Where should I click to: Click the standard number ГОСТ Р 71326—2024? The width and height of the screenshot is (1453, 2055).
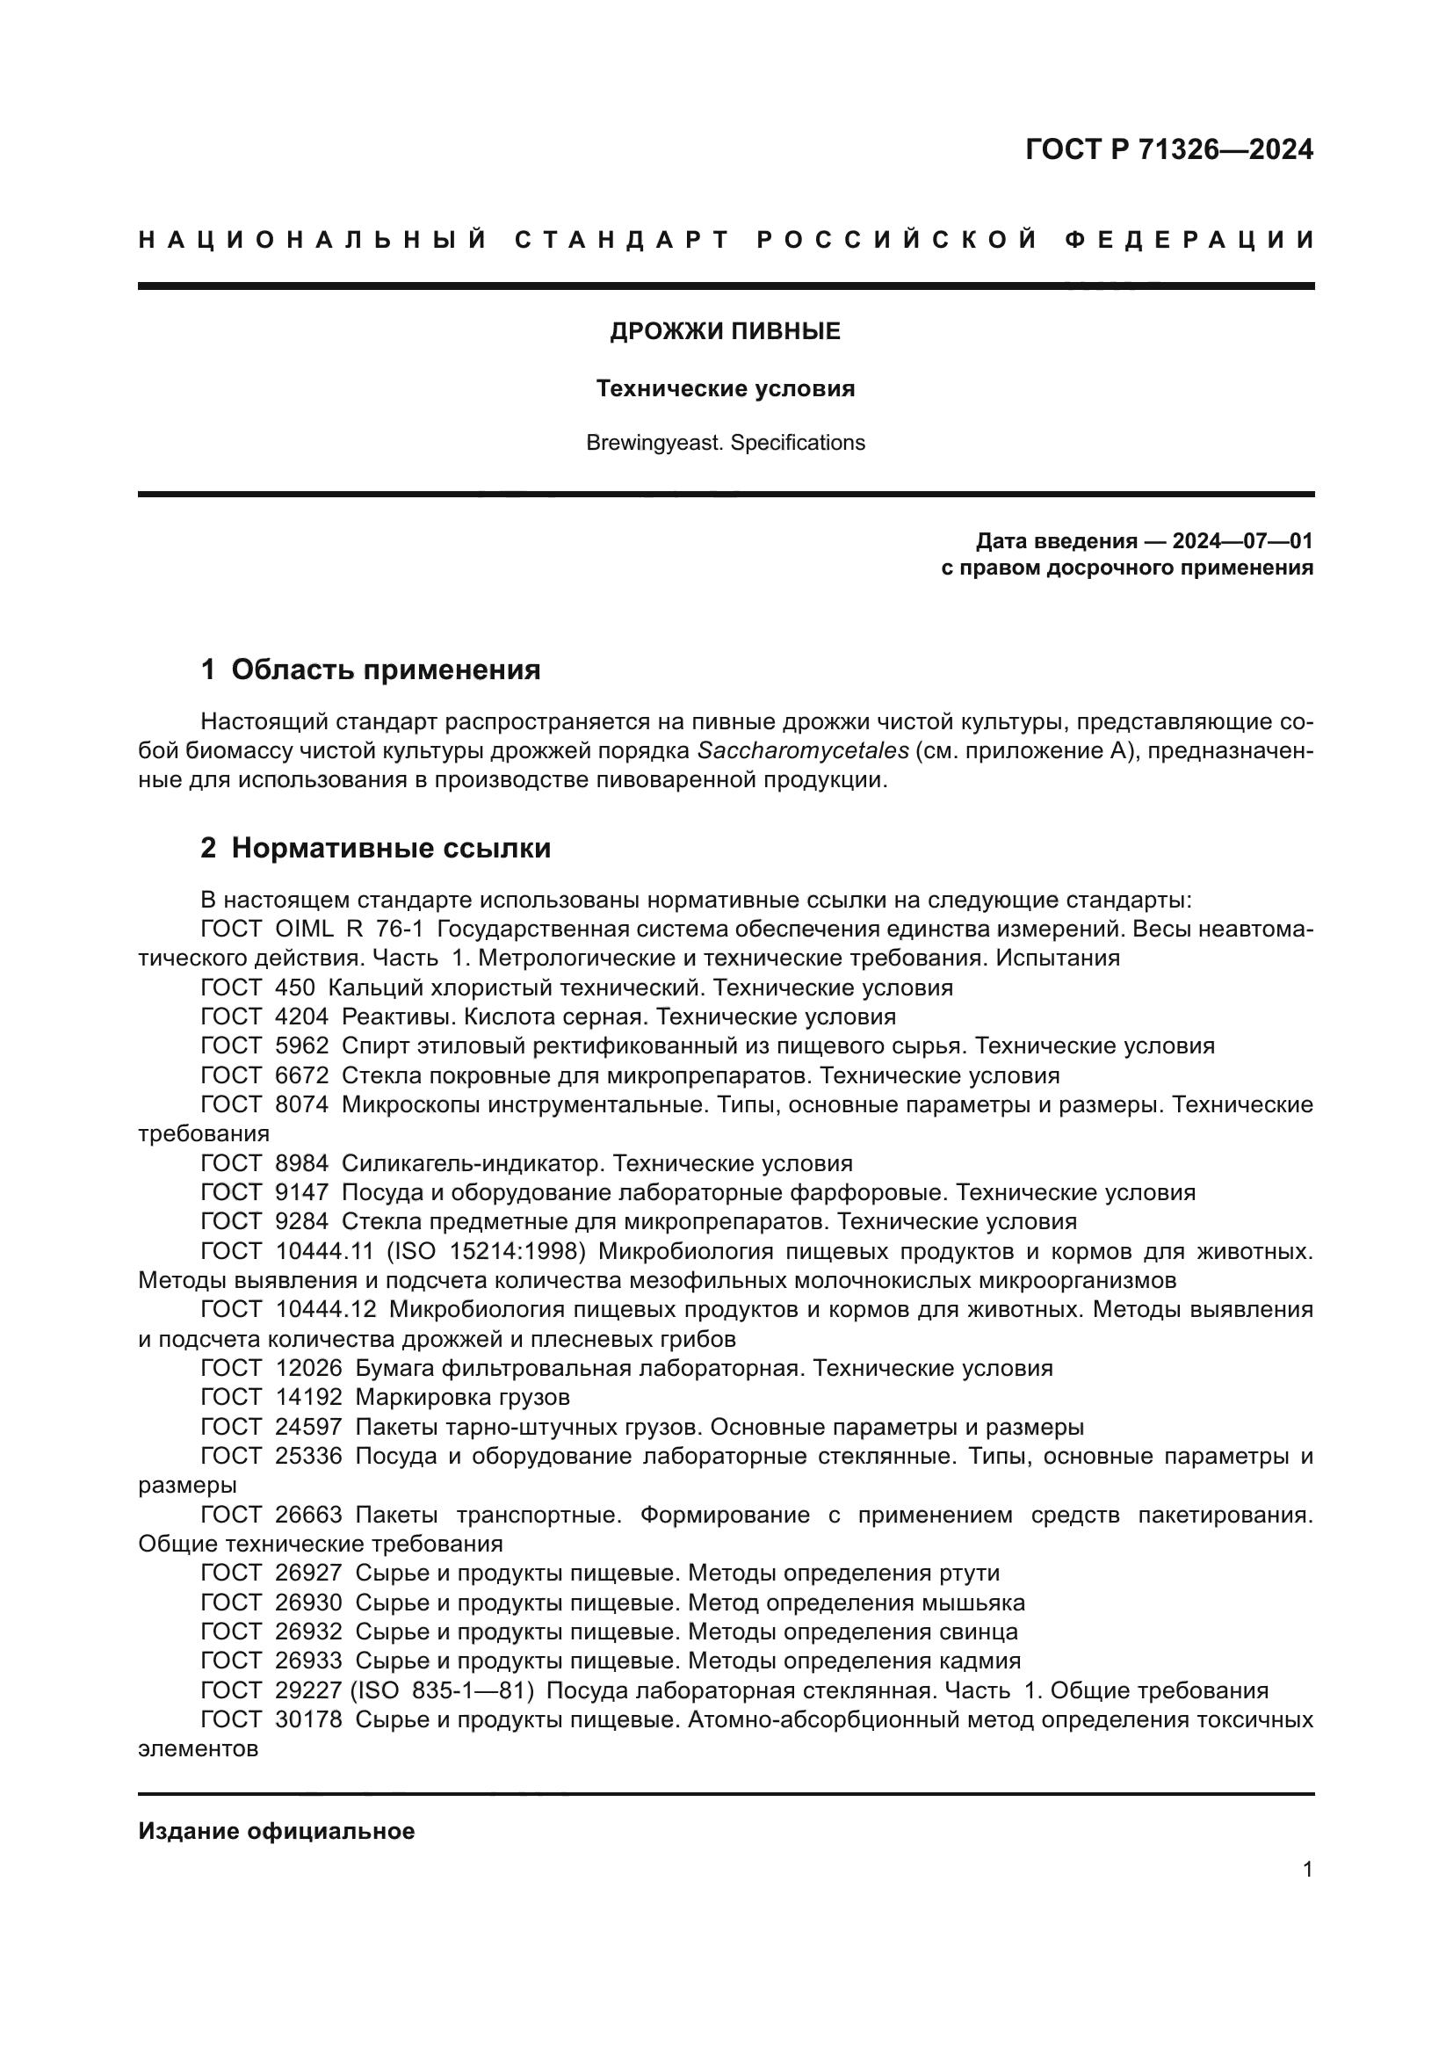pyautogui.click(x=1168, y=149)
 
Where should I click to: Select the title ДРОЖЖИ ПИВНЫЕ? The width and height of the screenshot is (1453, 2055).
pyautogui.click(x=725, y=332)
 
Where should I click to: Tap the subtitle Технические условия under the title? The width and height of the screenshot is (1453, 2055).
pyautogui.click(x=725, y=388)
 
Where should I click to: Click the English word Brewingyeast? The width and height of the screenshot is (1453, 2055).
pyautogui.click(x=653, y=443)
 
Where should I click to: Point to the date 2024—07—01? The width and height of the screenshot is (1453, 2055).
pyautogui.click(x=1242, y=541)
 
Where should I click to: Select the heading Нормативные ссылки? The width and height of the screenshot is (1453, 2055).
pyautogui.click(x=391, y=849)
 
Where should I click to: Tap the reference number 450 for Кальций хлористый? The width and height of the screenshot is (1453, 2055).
pyautogui.click(x=295, y=988)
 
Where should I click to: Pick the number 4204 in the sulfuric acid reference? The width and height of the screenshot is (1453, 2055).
pyautogui.click(x=301, y=1017)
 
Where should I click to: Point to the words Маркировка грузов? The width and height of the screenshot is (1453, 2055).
pyautogui.click(x=462, y=1397)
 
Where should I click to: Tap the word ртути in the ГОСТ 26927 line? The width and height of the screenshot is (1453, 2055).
pyautogui.click(x=969, y=1573)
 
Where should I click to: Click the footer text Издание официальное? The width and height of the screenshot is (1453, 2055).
pyautogui.click(x=277, y=1831)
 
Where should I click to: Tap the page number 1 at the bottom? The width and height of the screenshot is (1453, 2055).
pyautogui.click(x=1307, y=1870)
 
